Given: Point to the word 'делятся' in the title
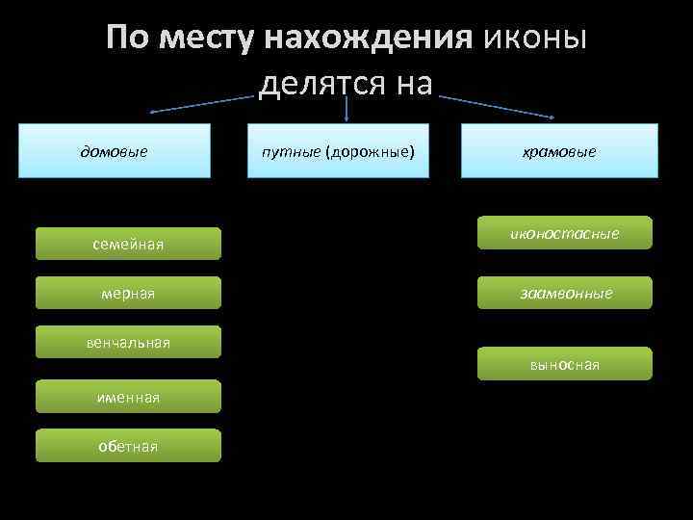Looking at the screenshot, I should pyautogui.click(x=321, y=84).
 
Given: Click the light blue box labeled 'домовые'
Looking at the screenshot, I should pyautogui.click(x=115, y=151).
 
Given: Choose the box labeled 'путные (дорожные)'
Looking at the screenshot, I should pyautogui.click(x=346, y=151).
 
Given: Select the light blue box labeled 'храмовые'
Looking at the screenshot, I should pyautogui.click(x=559, y=151).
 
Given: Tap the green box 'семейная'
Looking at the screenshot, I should pyautogui.click(x=128, y=245).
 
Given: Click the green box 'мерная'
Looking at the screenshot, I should pyautogui.click(x=128, y=293).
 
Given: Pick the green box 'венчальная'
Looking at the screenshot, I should pyautogui.click(x=128, y=342).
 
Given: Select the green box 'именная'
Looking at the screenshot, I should pyautogui.click(x=128, y=397).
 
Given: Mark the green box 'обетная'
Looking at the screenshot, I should pyautogui.click(x=128, y=446).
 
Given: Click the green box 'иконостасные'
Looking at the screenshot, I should pyautogui.click(x=565, y=233).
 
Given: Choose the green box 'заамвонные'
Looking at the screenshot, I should pyautogui.click(x=565, y=293).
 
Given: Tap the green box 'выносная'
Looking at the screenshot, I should pyautogui.click(x=565, y=364).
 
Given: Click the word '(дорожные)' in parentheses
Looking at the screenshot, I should pyautogui.click(x=371, y=151).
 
